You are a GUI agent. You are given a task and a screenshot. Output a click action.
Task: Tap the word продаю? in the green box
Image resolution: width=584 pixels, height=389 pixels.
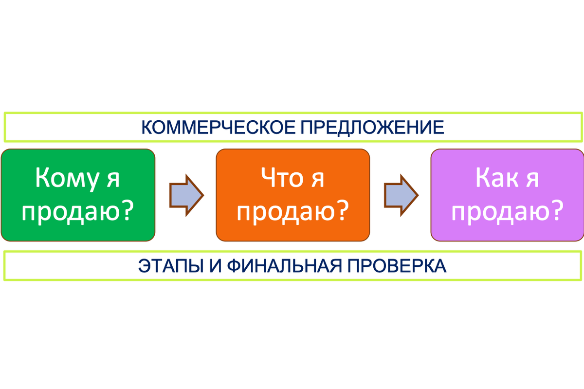point(78,212)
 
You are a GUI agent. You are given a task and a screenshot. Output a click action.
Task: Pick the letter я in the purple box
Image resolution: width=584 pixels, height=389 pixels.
point(531,180)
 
